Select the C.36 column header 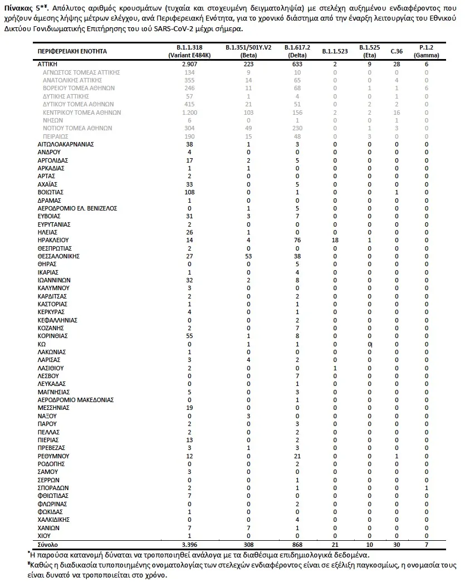point(397,51)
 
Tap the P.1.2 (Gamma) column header point(426,51)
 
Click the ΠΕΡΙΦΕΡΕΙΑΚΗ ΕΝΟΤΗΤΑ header point(72,51)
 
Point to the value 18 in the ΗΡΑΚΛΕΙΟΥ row point(335,240)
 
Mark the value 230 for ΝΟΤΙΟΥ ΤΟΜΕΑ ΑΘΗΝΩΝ point(297,128)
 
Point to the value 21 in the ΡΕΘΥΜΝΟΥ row point(297,456)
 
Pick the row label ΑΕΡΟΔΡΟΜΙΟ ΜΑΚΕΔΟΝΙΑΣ point(75,400)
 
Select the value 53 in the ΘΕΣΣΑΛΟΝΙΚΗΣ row point(249,256)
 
